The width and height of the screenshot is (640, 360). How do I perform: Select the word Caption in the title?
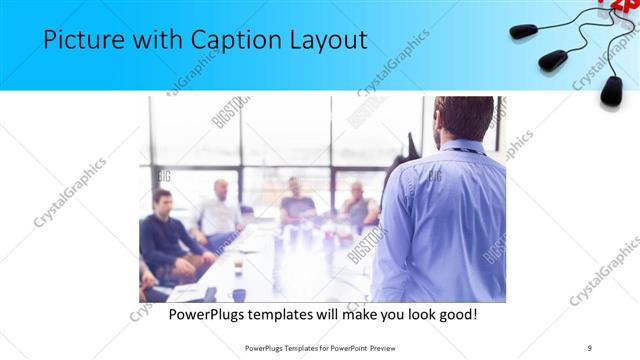point(241,41)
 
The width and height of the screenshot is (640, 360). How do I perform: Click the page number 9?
point(590,347)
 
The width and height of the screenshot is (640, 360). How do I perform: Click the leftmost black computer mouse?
point(524,31)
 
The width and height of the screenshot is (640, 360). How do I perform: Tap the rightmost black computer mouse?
point(611,91)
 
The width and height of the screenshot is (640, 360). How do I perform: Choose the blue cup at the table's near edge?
point(239,294)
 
